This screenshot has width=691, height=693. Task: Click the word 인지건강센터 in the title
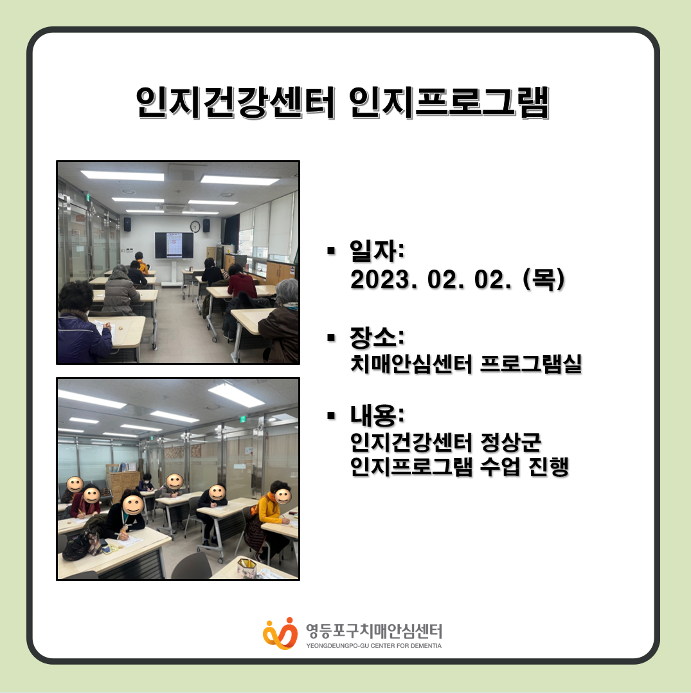pos(235,102)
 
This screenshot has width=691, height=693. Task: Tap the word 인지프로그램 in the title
pos(448,102)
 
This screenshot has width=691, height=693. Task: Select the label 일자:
pos(377,250)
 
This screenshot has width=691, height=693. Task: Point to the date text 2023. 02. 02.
pos(431,280)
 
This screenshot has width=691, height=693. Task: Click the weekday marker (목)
pos(544,280)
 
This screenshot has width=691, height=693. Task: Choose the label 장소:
pos(377,337)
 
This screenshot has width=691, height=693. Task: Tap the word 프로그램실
pos(531,364)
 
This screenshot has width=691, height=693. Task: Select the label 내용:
pos(377,414)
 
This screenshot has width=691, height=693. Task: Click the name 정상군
pos(510,442)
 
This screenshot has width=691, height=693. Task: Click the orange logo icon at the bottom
pos(280,633)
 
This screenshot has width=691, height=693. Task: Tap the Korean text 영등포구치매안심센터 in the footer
pos(374,631)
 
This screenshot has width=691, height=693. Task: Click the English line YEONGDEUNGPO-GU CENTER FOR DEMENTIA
pos(374,646)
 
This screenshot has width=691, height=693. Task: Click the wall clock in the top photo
pos(195,226)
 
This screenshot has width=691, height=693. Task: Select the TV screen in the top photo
pos(174,245)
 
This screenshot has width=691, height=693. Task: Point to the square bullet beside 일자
pos(331,251)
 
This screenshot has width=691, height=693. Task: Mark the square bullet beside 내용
pos(331,415)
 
